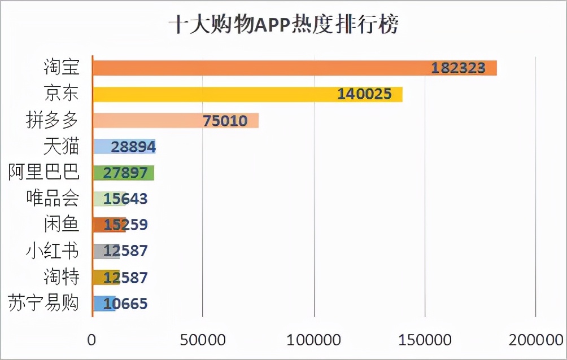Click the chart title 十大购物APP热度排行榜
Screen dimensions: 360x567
(x=283, y=25)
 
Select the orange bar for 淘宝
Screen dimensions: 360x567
(x=254, y=68)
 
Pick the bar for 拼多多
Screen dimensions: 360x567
(x=147, y=120)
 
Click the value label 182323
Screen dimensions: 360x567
(x=459, y=68)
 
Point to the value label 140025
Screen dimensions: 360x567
(x=364, y=94)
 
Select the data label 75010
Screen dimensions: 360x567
(x=225, y=120)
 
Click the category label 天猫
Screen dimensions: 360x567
(x=61, y=147)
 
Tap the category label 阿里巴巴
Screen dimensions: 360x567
(x=44, y=173)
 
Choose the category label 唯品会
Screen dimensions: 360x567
(x=53, y=199)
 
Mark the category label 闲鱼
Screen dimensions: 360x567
(x=61, y=225)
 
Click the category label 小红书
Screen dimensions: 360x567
(x=53, y=251)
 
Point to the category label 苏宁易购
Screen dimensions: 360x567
(x=44, y=304)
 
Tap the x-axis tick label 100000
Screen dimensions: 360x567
(x=314, y=340)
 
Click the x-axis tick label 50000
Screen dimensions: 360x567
(x=203, y=340)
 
